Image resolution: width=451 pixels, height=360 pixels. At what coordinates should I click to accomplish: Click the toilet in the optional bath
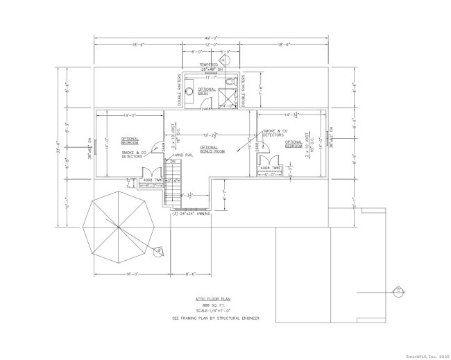[x=232, y=84]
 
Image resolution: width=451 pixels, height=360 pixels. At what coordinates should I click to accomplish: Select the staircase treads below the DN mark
[x=174, y=185]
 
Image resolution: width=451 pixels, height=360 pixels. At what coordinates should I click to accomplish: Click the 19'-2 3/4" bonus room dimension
[x=210, y=133]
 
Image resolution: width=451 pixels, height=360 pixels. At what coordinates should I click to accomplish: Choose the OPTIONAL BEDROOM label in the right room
[x=294, y=144]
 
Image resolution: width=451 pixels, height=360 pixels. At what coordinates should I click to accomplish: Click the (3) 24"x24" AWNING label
[x=191, y=213]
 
